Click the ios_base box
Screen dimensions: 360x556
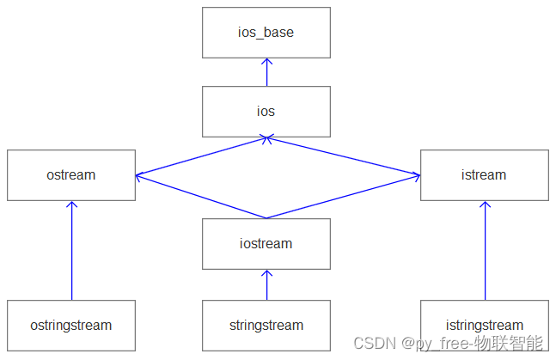pos(266,33)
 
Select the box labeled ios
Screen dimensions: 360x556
pos(266,112)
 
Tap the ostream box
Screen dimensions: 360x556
pos(71,175)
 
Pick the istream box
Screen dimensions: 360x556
pos(484,175)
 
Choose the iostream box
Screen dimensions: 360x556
pos(266,244)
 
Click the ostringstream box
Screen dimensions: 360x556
pos(71,326)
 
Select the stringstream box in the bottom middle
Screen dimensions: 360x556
pos(266,326)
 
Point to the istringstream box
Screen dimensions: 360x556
pos(484,326)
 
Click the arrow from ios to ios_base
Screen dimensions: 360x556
pos(266,73)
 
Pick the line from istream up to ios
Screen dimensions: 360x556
pos(344,156)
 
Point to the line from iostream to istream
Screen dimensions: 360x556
pos(344,198)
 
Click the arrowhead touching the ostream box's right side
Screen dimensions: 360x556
pos(139,176)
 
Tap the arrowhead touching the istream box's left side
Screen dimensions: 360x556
pos(417,176)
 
